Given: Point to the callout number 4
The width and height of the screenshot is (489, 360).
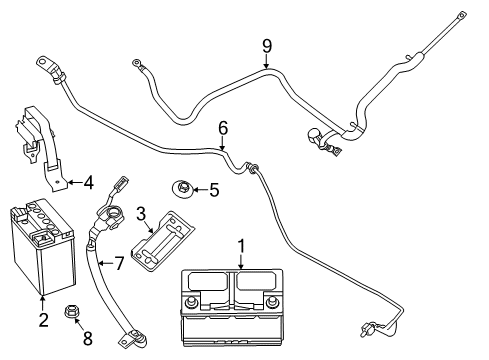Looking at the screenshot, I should point(88,182).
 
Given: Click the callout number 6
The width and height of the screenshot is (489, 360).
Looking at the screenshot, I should point(223,127).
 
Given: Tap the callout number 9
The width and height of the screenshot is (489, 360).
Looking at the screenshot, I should point(267,45).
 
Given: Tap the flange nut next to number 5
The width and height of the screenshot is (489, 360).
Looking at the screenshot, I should point(183,187).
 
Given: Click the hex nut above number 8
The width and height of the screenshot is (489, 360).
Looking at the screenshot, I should point(74,313).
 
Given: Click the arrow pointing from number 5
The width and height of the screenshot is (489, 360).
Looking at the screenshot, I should point(200,188).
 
